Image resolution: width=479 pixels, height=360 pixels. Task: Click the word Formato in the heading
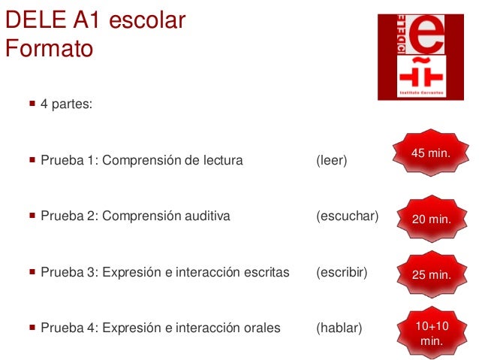tap(50, 50)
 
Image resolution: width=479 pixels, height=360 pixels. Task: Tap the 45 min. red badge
tap(430, 153)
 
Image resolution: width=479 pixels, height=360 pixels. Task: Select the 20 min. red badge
tap(431, 219)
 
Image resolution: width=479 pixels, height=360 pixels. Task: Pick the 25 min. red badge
tap(431, 274)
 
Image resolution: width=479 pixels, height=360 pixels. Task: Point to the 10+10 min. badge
tap(431, 333)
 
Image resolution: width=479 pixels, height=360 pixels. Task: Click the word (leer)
tap(332, 160)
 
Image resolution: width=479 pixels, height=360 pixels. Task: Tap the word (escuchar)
tap(347, 217)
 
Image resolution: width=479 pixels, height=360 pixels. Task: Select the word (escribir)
tap(342, 272)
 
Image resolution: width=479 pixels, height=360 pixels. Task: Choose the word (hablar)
tap(339, 328)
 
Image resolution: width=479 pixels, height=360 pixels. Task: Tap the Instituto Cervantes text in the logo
tap(420, 92)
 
